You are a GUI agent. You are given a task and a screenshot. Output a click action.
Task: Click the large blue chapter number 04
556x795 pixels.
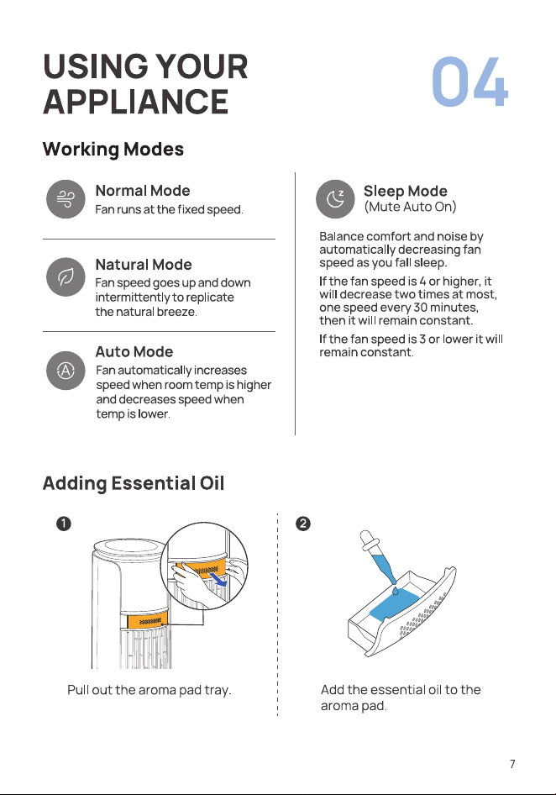469,82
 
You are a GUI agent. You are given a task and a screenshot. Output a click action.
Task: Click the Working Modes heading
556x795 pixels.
113,149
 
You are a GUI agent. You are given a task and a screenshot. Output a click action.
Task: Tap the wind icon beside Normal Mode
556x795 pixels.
66,199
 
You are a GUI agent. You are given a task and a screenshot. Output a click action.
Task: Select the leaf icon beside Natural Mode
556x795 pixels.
66,276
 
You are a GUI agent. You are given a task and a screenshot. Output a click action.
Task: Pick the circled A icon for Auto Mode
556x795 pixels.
66,371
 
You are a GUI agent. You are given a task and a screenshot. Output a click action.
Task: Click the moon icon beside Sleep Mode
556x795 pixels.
335,198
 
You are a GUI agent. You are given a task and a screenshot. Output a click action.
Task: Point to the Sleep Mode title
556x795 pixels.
406,191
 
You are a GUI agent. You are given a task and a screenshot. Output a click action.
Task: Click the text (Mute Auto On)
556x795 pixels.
410,207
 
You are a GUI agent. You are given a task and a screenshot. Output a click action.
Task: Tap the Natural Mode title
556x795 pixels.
144,265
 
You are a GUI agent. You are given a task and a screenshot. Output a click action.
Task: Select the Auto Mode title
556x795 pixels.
134,352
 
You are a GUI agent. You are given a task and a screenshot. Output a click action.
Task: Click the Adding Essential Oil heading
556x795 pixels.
134,483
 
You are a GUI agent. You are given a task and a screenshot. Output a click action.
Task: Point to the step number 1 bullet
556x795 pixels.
63,524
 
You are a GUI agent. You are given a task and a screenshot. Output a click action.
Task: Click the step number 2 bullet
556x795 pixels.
302,524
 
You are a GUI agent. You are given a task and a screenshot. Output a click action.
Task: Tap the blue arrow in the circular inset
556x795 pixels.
219,579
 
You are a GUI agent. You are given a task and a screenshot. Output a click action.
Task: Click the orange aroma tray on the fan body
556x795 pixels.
148,620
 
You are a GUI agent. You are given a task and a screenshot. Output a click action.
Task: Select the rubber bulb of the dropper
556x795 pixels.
366,540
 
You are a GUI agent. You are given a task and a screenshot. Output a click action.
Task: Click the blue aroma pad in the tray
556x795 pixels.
394,604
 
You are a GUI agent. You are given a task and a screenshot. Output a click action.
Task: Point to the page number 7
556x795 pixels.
512,764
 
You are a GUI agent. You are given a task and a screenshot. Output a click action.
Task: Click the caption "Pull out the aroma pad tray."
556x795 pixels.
149,690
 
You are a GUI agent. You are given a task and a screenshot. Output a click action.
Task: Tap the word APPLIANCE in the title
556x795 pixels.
136,102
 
